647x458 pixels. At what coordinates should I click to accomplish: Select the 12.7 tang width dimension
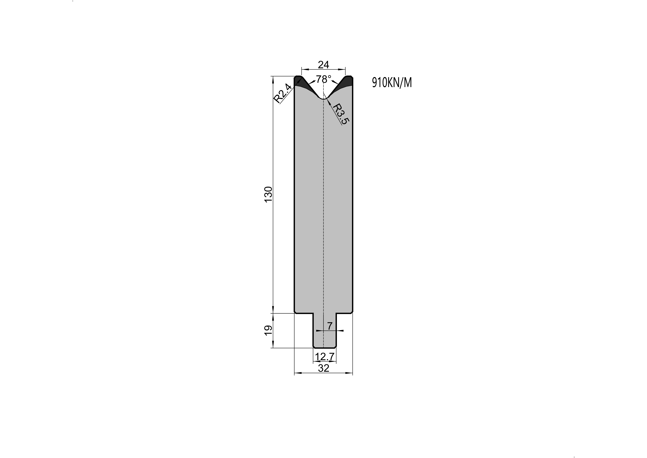click(325, 357)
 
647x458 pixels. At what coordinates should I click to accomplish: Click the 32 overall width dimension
click(324, 368)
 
